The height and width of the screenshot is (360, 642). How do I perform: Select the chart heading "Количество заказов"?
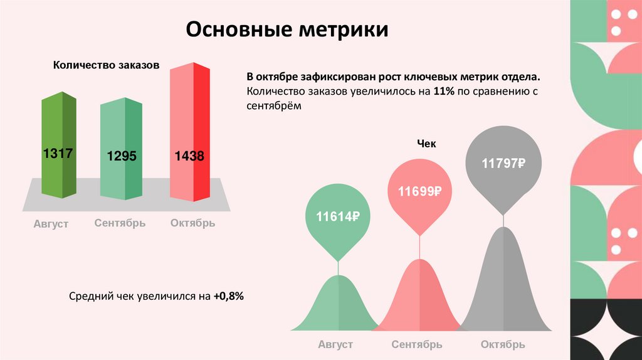coord(106,65)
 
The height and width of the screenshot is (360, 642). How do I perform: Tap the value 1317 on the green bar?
coord(58,154)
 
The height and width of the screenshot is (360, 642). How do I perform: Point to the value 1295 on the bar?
coord(122,156)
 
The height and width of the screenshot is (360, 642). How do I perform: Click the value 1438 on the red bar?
coord(189,156)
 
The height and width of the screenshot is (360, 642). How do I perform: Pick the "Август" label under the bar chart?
coord(51,224)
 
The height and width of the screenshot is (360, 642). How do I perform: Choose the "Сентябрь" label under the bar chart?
coord(120,223)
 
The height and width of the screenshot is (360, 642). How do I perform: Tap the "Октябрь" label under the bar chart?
coord(192,223)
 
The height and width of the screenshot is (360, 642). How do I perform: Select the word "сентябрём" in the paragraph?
coord(274,106)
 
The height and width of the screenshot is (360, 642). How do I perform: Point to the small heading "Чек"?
coord(426,144)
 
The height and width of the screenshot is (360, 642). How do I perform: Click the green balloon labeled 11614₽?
coord(337,217)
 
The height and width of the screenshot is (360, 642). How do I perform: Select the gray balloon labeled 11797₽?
coord(503,164)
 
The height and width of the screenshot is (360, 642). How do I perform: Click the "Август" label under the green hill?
coord(335,344)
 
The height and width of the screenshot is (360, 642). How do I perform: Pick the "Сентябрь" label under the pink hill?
coord(417,344)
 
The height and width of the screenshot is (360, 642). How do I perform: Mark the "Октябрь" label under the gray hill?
coord(503,344)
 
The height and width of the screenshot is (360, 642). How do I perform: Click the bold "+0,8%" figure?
coord(228,296)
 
